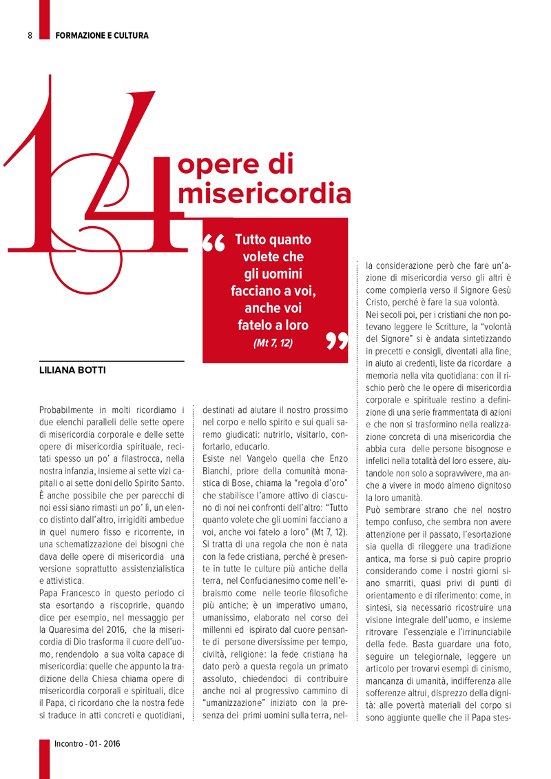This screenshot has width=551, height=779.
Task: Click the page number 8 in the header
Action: tap(30, 35)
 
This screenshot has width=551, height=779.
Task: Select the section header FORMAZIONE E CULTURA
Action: tap(102, 35)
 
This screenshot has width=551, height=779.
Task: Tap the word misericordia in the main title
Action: tap(264, 194)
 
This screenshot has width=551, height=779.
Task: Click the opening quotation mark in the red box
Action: tap(216, 245)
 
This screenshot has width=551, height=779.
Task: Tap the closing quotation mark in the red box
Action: tap(336, 341)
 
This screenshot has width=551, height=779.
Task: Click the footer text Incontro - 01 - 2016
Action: tap(87, 744)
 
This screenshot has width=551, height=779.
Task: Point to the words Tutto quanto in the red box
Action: tap(273, 240)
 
